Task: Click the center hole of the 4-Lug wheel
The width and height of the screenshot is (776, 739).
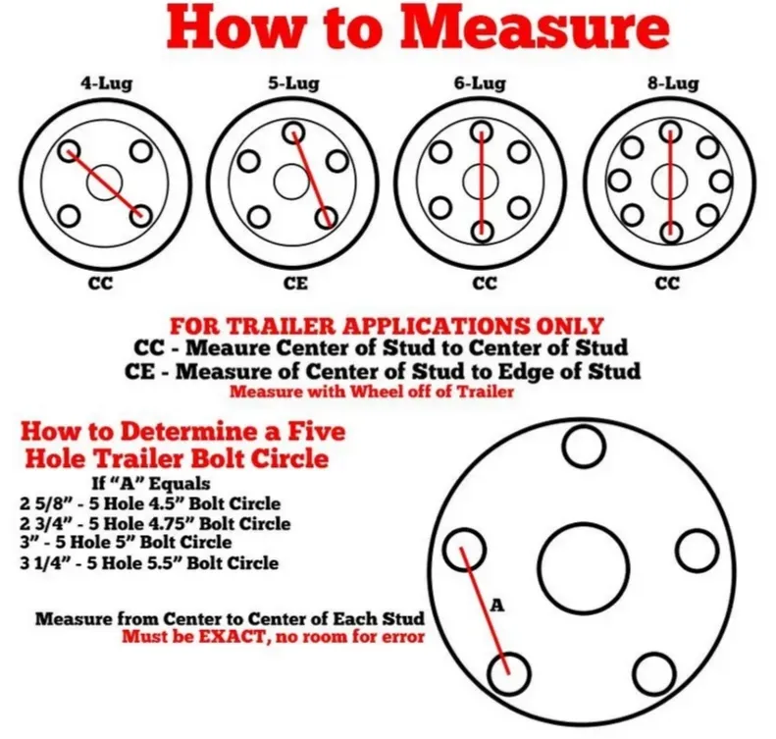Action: [x=104, y=182]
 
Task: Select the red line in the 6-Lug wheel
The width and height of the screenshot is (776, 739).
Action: [x=481, y=182]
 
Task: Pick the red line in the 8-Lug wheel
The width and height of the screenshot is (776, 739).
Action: [x=669, y=182]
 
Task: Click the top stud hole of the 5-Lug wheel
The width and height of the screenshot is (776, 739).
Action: [x=292, y=132]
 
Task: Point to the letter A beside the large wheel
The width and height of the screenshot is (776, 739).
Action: [x=497, y=607]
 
